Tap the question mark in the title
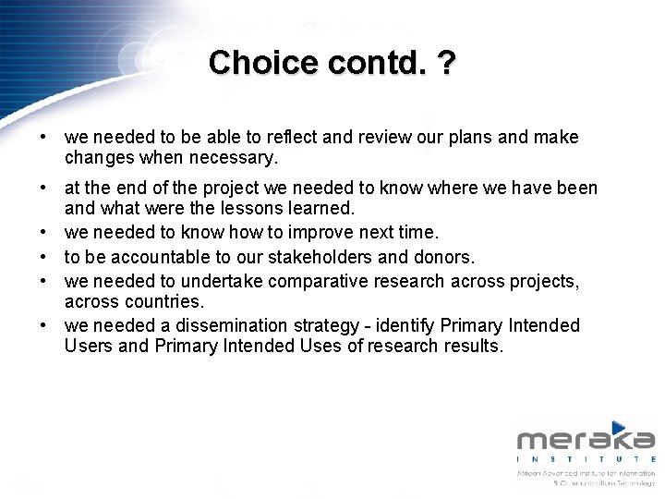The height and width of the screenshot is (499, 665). click(x=446, y=63)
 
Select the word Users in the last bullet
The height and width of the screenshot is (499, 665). click(x=89, y=347)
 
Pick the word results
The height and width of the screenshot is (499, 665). click(x=473, y=347)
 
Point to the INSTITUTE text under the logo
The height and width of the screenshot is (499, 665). click(x=586, y=458)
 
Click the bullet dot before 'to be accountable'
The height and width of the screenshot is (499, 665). click(x=43, y=256)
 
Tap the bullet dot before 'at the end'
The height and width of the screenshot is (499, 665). click(x=43, y=189)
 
